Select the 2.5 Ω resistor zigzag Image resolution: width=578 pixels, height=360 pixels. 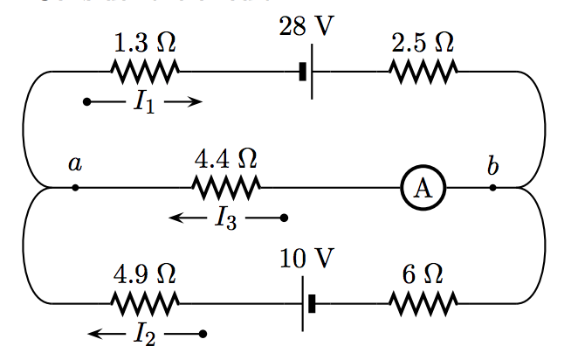point(423,72)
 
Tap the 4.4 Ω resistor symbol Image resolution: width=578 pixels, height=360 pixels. point(225,187)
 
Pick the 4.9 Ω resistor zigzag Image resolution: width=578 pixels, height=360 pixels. point(146,303)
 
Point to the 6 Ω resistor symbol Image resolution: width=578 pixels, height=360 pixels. point(423,303)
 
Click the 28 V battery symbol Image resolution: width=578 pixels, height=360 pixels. point(307,72)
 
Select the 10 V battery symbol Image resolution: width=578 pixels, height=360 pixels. point(306,303)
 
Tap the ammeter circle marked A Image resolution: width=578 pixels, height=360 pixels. point(423,188)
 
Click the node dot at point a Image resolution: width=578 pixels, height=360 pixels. point(75,187)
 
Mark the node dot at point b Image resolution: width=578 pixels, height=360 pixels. point(493,187)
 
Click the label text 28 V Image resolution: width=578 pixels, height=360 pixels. point(306,26)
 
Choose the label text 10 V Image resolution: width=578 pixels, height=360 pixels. point(306,259)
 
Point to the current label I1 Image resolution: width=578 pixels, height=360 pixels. point(145,104)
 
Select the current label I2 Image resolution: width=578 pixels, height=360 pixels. point(145,334)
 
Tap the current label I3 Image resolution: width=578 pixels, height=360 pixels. point(225,218)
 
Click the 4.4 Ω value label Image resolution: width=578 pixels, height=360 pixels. point(225,158)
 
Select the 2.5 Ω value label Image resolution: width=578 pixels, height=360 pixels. point(423,42)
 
